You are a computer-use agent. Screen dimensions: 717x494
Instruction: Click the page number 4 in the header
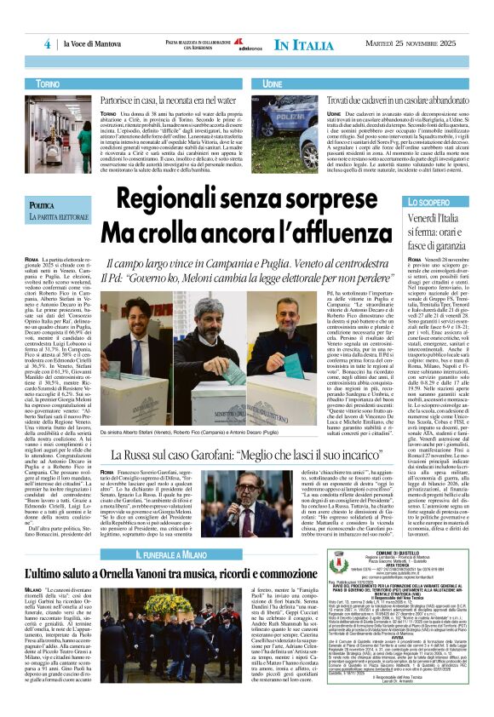coord(47,44)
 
